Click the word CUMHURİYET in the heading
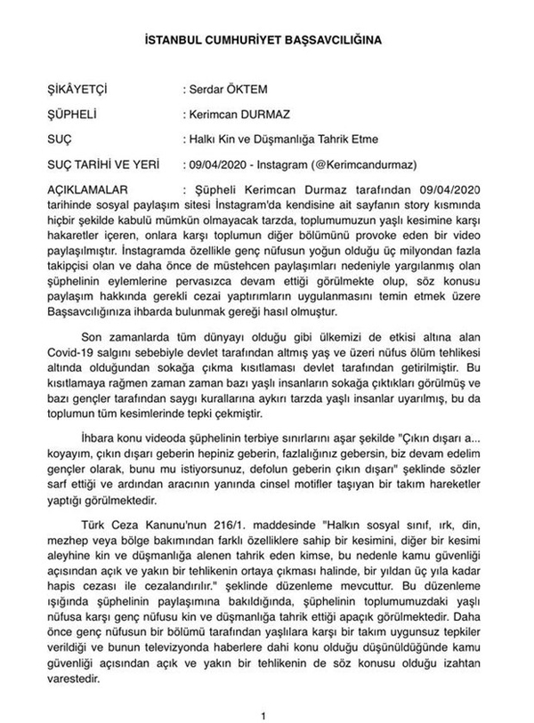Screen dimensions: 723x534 pos(244,43)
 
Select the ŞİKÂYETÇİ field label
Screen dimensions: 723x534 pos(77,91)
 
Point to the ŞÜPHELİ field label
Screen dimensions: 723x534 pos(69,116)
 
